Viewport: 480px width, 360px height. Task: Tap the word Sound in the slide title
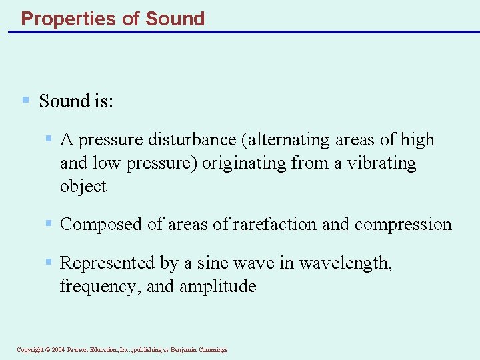175,19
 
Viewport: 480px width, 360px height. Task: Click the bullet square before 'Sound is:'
25,100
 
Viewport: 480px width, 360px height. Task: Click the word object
83,187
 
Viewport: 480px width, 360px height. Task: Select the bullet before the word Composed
49,223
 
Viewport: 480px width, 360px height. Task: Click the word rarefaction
275,225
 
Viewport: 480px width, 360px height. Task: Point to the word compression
403,225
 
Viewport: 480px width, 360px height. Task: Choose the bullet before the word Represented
49,262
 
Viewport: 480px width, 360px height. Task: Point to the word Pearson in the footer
79,350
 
